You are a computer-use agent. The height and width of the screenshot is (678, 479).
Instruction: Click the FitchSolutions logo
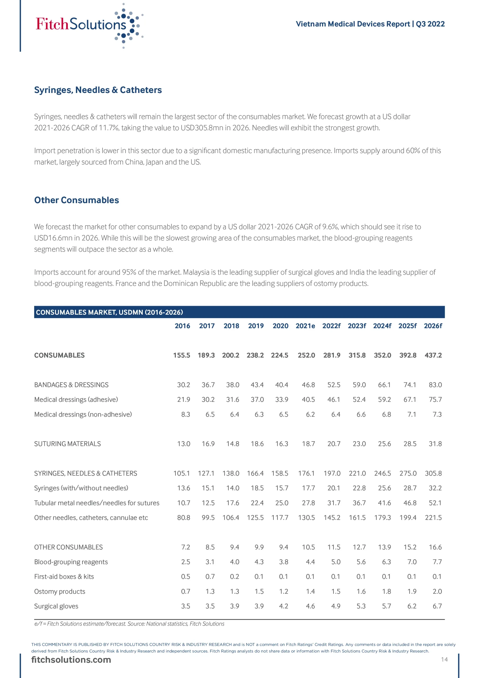click(89, 25)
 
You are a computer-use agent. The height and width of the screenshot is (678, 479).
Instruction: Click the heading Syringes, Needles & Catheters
click(98, 90)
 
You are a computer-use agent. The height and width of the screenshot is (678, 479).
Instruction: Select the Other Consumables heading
click(76, 200)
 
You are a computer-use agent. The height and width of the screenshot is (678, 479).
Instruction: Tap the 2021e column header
click(305, 326)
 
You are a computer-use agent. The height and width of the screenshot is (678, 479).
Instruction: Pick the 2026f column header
click(433, 326)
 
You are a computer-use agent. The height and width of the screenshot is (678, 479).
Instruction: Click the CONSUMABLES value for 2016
click(182, 355)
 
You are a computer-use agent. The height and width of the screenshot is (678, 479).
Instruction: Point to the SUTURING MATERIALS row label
click(67, 444)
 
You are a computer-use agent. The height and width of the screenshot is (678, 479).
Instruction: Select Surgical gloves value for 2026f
click(437, 606)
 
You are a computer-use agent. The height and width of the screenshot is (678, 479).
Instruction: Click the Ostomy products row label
click(60, 591)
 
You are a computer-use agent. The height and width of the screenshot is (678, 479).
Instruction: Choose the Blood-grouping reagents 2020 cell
click(283, 562)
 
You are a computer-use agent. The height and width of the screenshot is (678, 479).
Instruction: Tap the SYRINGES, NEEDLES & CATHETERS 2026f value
click(433, 473)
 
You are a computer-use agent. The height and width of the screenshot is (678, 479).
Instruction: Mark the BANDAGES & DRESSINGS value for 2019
click(257, 385)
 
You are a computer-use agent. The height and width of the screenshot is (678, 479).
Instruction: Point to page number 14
click(444, 659)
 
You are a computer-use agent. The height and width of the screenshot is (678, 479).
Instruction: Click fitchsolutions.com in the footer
click(71, 660)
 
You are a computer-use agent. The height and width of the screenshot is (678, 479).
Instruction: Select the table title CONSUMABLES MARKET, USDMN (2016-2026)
click(110, 312)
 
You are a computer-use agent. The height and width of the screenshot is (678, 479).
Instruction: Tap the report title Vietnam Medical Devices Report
click(353, 24)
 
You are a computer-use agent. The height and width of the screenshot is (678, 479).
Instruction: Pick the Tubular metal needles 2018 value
click(233, 503)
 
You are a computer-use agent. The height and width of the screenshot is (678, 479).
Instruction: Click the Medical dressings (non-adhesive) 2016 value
click(185, 414)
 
